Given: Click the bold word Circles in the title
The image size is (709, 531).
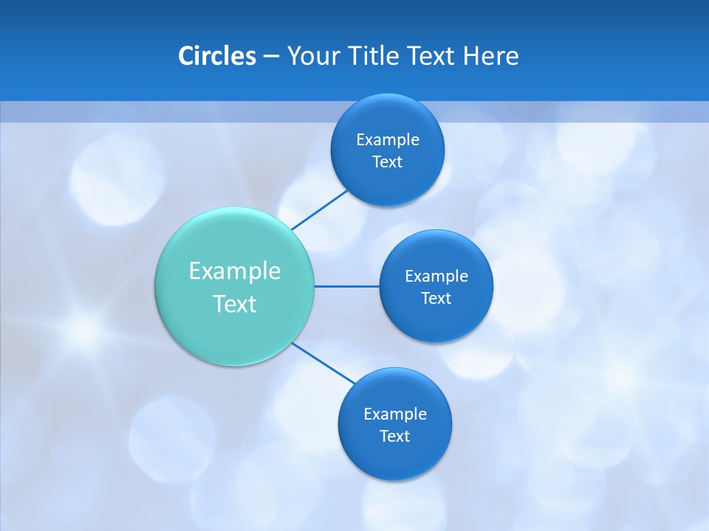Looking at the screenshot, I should tap(217, 56).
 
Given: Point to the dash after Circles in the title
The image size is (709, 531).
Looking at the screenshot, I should tap(271, 57).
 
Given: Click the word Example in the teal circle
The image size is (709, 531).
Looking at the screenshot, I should tap(235, 271).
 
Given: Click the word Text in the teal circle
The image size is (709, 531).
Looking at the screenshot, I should tap(235, 304).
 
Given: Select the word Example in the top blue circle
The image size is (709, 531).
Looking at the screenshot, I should tap(388, 139).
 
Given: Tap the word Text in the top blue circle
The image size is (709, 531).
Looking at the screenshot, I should tap(388, 162).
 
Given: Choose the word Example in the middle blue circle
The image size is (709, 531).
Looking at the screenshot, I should tap(436, 276).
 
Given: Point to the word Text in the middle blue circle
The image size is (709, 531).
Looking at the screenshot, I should tap(436, 298).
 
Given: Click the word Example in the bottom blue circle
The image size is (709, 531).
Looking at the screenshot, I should tap(394, 414).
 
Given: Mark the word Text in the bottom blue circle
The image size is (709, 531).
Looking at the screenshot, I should tap(394, 436).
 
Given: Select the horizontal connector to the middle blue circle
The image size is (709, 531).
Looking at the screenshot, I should tap(347, 286).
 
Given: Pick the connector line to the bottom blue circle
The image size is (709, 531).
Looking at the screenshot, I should tap(323, 362).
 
